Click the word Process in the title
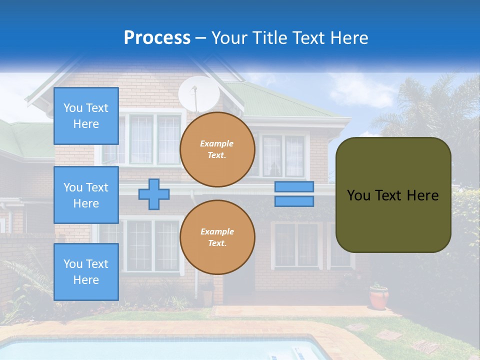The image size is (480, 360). pyautogui.click(x=157, y=38)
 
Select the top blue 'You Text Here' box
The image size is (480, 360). pyautogui.click(x=86, y=116)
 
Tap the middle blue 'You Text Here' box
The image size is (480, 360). pyautogui.click(x=86, y=195)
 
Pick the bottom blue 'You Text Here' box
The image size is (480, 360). pyautogui.click(x=86, y=271)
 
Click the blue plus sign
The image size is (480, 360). pyautogui.click(x=154, y=194)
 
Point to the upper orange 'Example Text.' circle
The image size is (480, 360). pyautogui.click(x=217, y=149)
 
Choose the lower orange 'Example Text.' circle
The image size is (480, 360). pyautogui.click(x=217, y=237)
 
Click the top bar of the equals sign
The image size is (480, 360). pyautogui.click(x=294, y=187)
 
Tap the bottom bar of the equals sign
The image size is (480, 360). pyautogui.click(x=294, y=201)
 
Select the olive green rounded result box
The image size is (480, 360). pyautogui.click(x=393, y=195)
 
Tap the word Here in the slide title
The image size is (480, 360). pyautogui.click(x=348, y=38)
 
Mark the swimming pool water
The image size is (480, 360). pyautogui.click(x=150, y=350)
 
